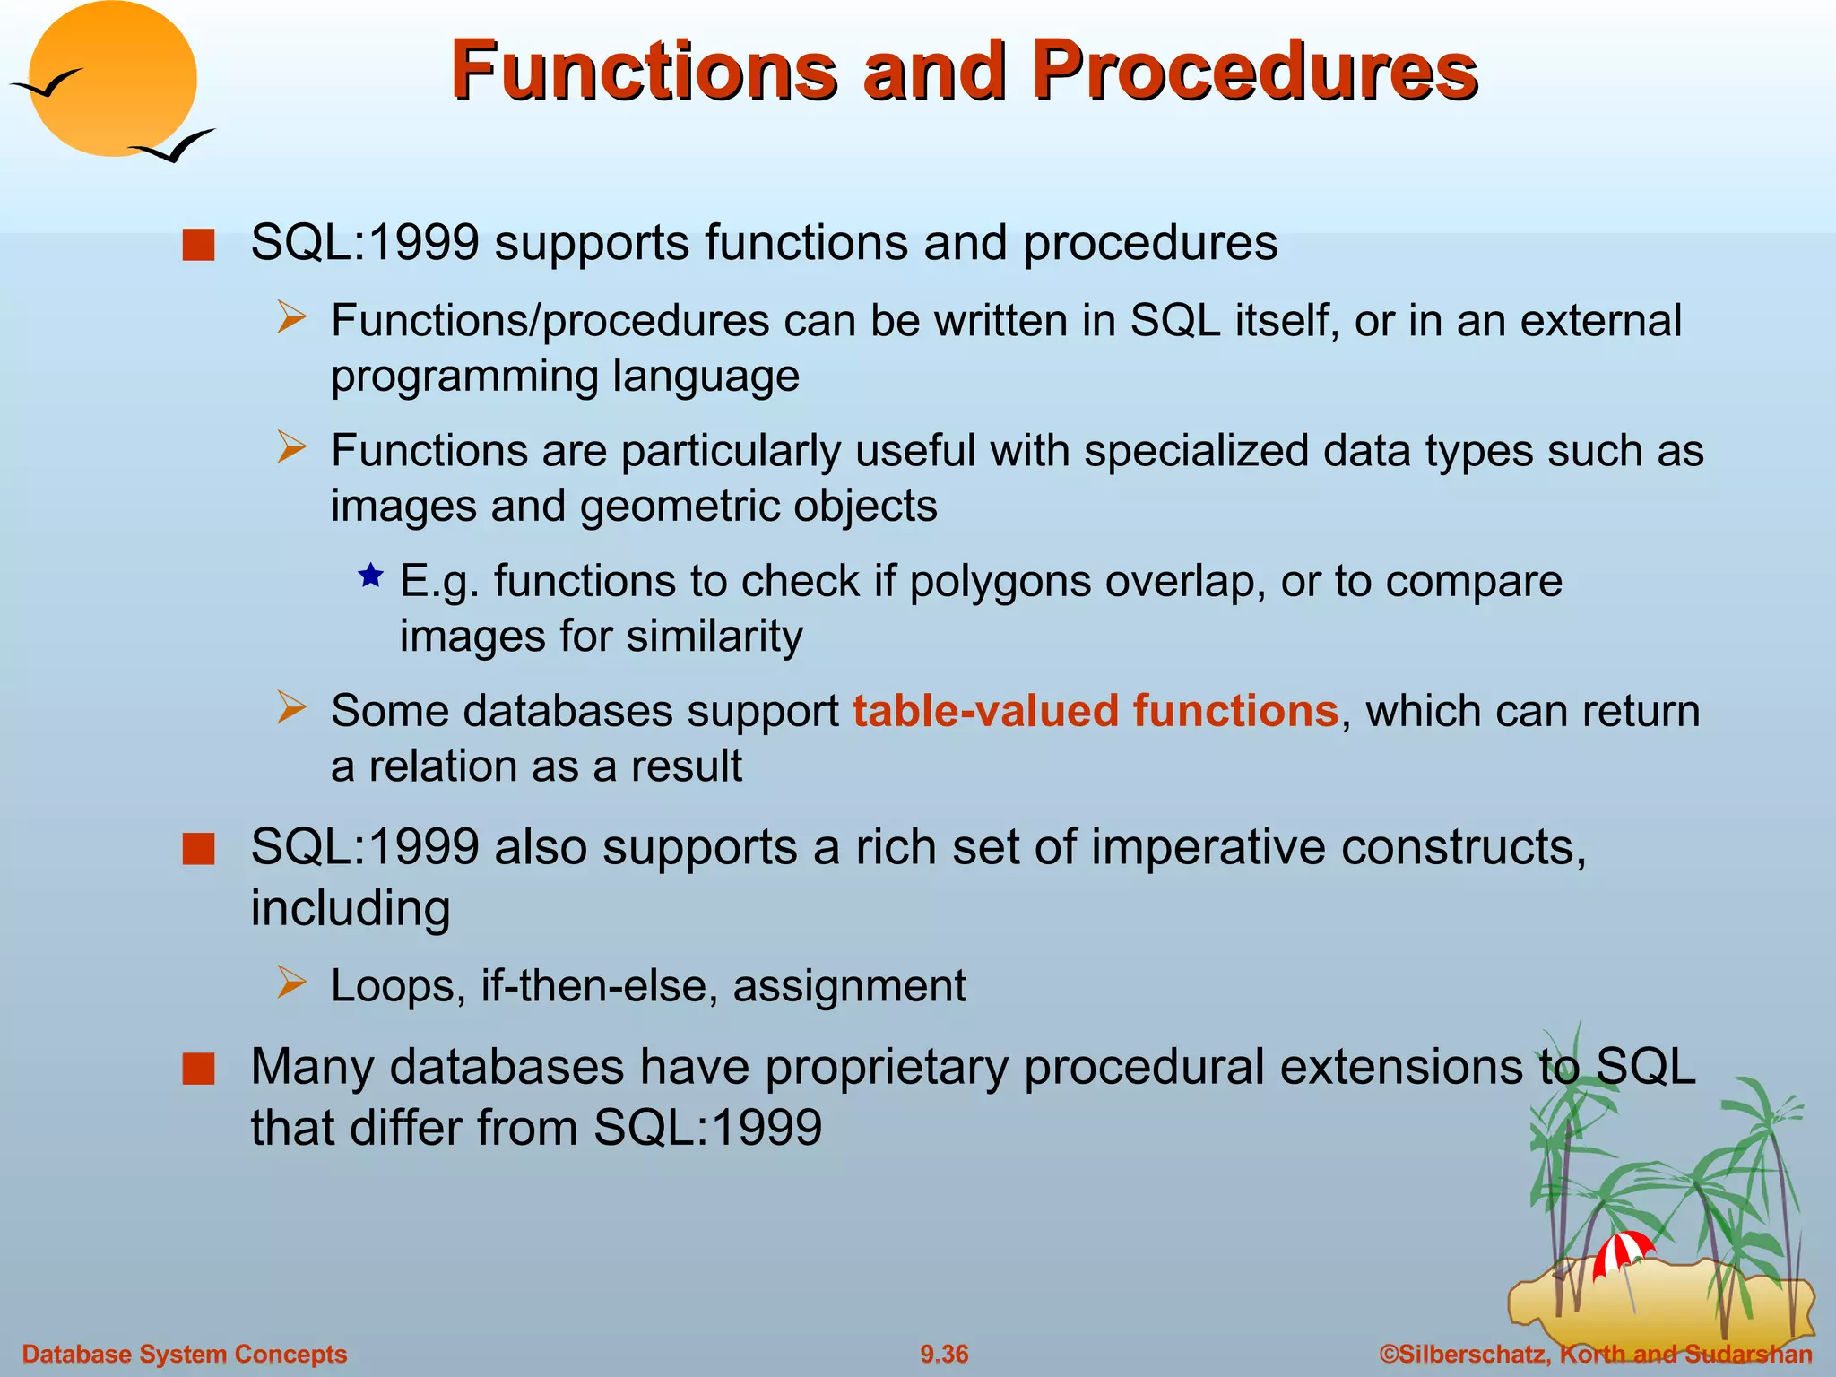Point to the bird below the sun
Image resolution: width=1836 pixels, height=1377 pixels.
click(175, 146)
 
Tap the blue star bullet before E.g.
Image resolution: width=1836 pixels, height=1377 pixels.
click(370, 576)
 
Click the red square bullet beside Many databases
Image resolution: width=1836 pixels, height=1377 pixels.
click(198, 1069)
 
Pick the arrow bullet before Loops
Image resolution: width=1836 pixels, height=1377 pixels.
click(291, 983)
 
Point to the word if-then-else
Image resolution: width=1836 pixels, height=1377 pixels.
click(599, 985)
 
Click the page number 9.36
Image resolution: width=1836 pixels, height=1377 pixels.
click(944, 1354)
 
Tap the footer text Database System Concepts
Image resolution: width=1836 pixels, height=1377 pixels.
click(185, 1354)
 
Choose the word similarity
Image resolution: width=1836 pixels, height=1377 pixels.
click(714, 637)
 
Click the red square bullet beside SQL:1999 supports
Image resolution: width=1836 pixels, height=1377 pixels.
click(198, 244)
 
